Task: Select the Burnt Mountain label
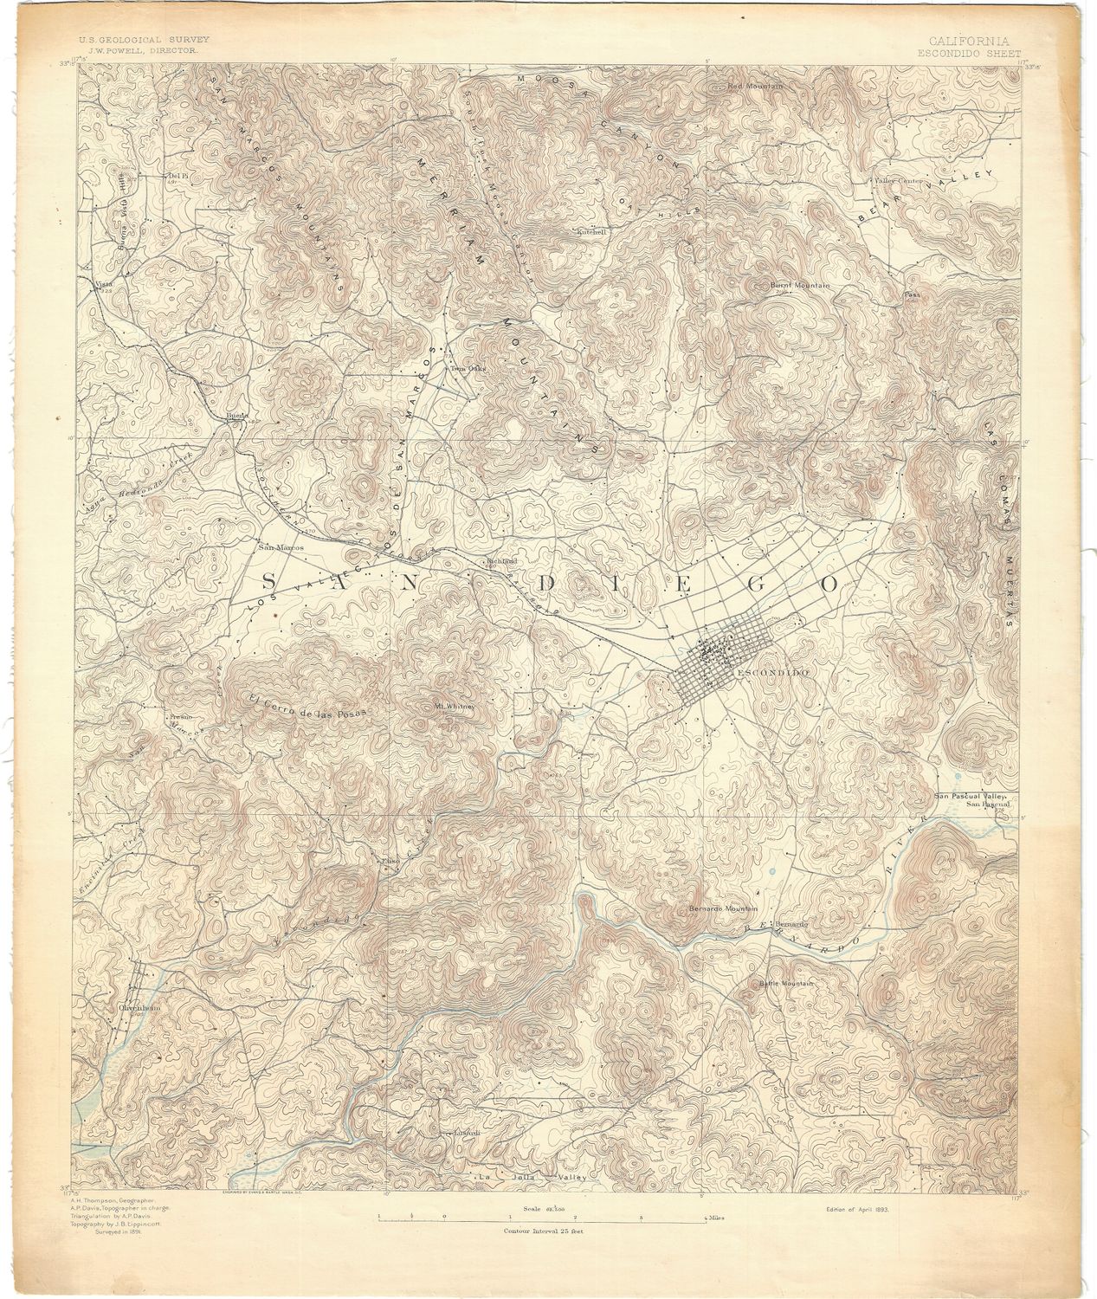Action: pyautogui.click(x=801, y=285)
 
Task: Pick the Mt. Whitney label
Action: pyautogui.click(x=455, y=706)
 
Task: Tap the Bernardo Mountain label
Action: pyautogui.click(x=723, y=908)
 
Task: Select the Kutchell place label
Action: pyautogui.click(x=595, y=232)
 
